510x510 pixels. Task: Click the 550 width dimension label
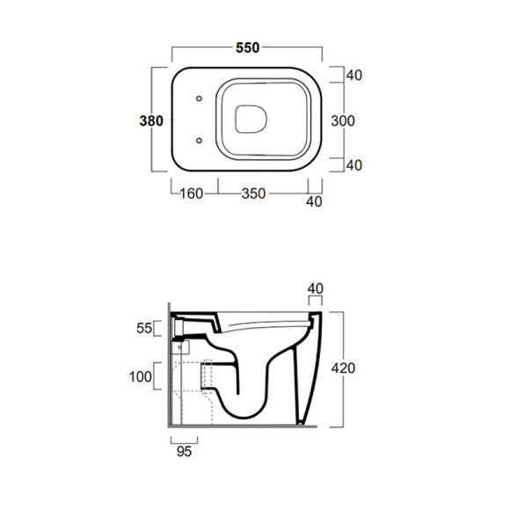(x=247, y=47)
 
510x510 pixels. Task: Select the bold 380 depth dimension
(x=151, y=121)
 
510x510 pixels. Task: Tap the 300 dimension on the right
(x=343, y=121)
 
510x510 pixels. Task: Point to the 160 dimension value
(x=192, y=193)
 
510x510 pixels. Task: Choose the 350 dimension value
(x=254, y=193)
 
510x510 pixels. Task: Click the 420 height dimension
(x=343, y=368)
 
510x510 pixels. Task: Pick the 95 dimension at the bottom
(x=184, y=451)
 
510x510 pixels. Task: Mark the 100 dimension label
(x=141, y=377)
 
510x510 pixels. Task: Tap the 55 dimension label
(x=144, y=328)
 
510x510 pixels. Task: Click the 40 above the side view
(x=316, y=288)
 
